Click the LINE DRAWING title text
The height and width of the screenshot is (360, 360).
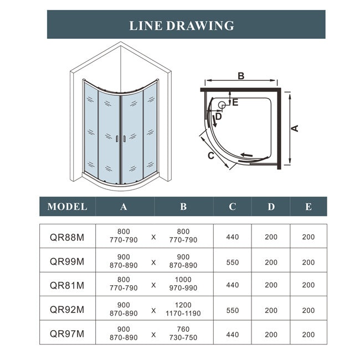tap(181, 25)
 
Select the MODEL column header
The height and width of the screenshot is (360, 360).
tap(67, 207)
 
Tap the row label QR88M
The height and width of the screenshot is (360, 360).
tap(67, 237)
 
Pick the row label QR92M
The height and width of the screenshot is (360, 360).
tap(67, 310)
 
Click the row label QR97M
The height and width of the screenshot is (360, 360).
tap(67, 334)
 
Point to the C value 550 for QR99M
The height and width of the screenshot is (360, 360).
tap(233, 262)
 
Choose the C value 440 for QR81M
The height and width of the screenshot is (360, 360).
tap(233, 285)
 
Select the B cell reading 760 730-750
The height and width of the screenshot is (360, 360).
tap(183, 334)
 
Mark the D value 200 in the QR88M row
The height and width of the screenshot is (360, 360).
tap(271, 237)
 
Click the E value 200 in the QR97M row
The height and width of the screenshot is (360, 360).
tap(308, 334)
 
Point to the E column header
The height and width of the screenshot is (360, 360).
tap(308, 207)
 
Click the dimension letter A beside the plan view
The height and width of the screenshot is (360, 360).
tap(295, 128)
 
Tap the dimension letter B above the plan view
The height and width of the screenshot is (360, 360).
tap(241, 76)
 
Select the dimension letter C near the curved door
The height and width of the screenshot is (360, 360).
tap(211, 156)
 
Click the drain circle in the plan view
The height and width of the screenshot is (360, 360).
tap(222, 105)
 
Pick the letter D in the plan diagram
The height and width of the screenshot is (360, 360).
tap(218, 116)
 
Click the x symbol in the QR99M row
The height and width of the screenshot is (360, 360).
tap(153, 262)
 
